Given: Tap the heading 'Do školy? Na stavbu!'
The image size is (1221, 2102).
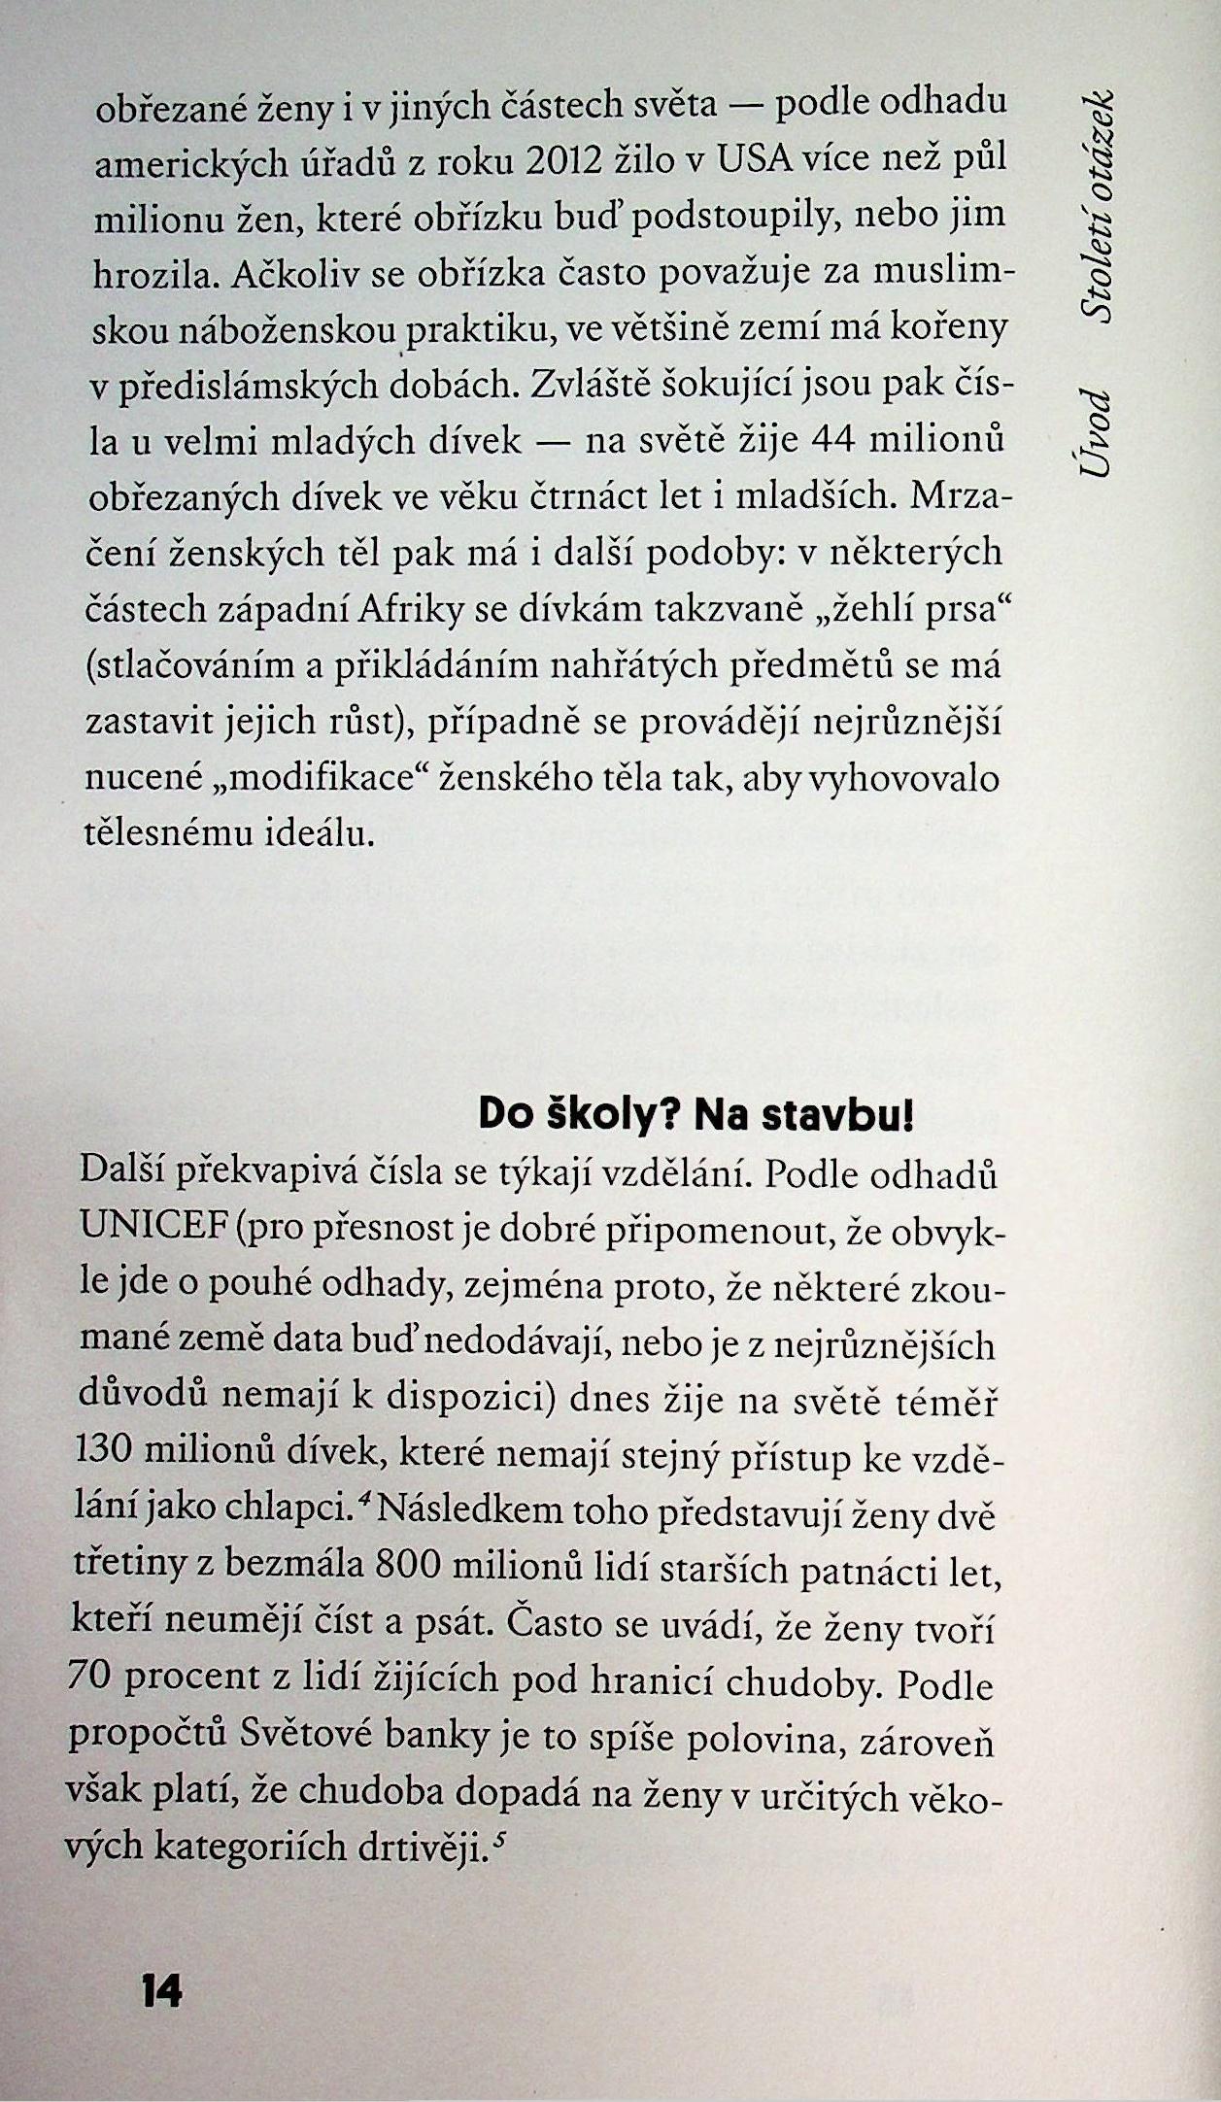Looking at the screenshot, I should (696, 1116).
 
